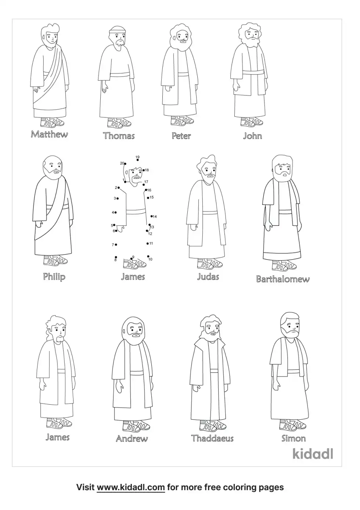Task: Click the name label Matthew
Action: click(50, 134)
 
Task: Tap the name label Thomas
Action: click(119, 136)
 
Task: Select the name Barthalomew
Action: click(283, 279)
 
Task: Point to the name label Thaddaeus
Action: click(212, 438)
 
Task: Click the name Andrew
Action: click(132, 438)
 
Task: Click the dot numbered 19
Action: click(138, 160)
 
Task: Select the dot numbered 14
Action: click(151, 216)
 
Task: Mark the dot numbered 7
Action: click(116, 245)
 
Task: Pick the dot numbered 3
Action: click(118, 199)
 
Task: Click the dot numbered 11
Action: click(148, 243)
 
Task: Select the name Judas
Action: click(208, 277)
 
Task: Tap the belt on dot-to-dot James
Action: click(136, 212)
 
